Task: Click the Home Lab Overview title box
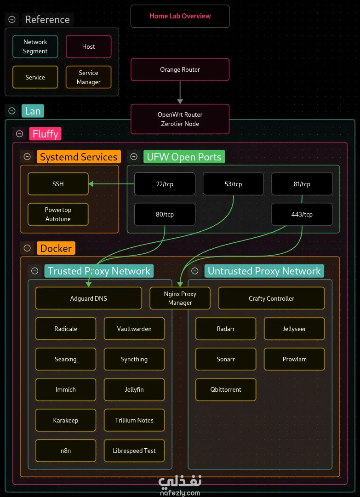(x=180, y=16)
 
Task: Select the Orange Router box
(x=180, y=69)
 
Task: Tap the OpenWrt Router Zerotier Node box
(x=180, y=119)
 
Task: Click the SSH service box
(x=58, y=184)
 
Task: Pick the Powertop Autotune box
(x=58, y=214)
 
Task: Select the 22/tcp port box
(x=165, y=184)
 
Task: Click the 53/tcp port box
(x=233, y=184)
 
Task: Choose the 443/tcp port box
(x=302, y=214)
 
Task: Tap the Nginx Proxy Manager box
(x=180, y=298)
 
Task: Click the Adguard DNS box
(x=88, y=298)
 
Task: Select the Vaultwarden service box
(x=134, y=329)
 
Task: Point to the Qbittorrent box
(x=226, y=389)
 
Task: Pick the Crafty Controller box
(x=272, y=298)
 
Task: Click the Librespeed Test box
(x=134, y=451)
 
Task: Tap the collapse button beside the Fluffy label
(x=20, y=134)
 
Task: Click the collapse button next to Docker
(x=27, y=248)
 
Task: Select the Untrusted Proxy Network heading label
(x=264, y=271)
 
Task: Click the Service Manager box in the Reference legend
(x=88, y=77)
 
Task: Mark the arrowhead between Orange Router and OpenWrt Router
(x=180, y=102)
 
